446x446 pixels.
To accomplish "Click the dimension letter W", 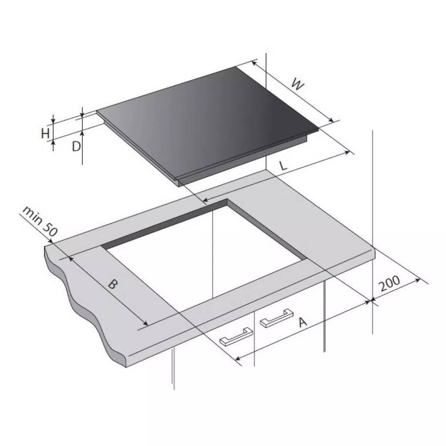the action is point(298,84).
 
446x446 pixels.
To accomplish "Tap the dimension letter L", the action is point(283,165).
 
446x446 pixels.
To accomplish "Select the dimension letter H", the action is point(45,133).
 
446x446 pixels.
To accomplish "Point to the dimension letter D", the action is point(76,146).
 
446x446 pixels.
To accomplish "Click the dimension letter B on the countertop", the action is point(113,284).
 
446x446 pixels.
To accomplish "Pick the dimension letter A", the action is point(303,322).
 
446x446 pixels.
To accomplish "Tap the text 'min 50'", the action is point(40,221).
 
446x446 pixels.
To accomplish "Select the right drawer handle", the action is point(277,318).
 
